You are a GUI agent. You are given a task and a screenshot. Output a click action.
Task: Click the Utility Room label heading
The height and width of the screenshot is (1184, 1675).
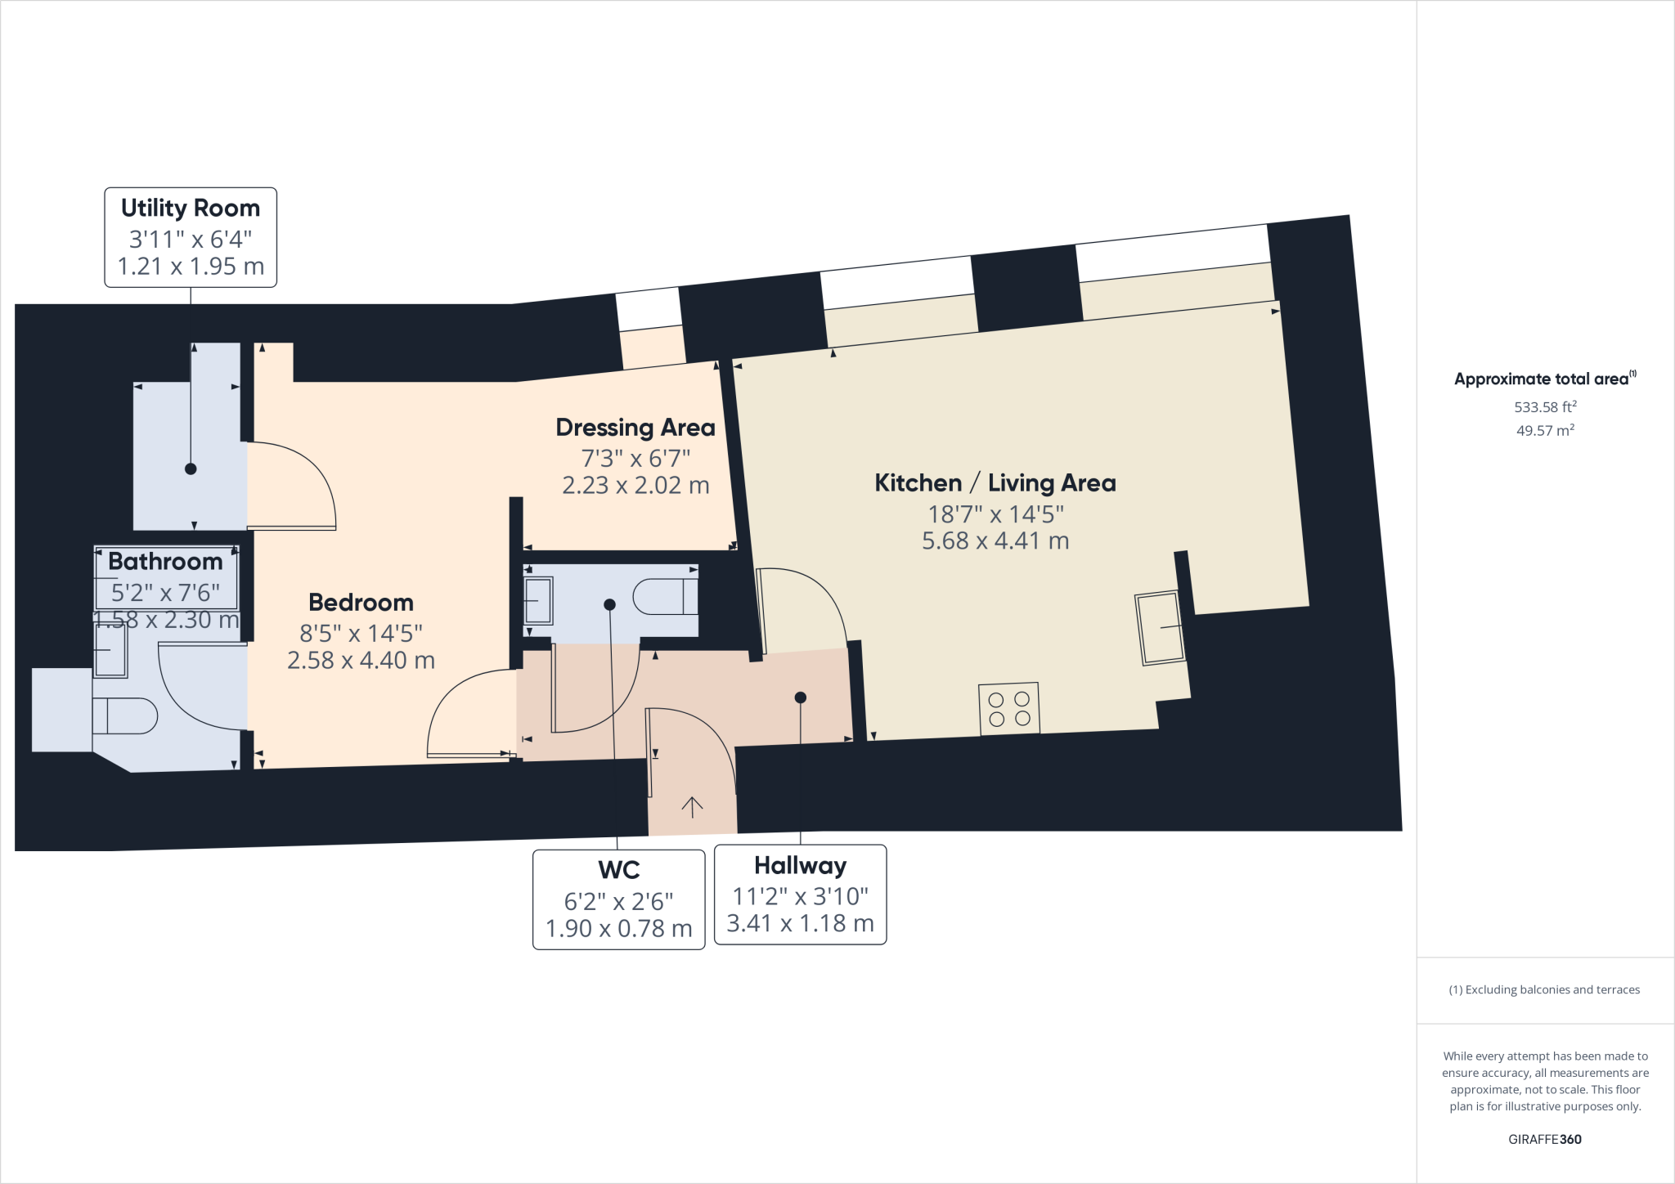tap(191, 209)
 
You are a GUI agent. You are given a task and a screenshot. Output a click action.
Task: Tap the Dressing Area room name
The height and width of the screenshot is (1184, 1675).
tap(635, 428)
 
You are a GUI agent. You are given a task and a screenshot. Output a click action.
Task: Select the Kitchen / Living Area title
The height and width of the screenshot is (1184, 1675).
tap(995, 483)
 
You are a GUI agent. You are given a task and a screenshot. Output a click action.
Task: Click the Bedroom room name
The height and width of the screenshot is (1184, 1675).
tap(361, 603)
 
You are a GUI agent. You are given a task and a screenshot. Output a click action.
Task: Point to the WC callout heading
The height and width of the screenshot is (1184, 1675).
tap(619, 870)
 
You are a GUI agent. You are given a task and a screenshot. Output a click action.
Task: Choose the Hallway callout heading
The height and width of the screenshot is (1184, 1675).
tap(800, 865)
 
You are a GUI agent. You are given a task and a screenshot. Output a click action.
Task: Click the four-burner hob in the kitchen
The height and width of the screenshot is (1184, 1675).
tap(1009, 709)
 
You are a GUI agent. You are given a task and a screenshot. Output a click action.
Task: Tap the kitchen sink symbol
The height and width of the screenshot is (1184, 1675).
tap(1160, 627)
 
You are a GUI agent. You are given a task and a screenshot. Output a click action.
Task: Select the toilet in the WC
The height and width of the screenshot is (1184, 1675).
tap(666, 597)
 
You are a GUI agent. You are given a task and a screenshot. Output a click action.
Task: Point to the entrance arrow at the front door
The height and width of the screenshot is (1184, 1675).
tap(692, 807)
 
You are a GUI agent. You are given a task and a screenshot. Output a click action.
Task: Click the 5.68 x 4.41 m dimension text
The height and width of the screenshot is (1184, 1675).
tap(995, 540)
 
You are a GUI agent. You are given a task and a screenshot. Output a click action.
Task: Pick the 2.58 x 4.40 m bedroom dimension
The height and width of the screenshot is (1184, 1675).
tap(361, 660)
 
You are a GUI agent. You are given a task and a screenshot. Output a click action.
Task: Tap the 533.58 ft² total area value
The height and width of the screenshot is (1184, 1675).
tap(1545, 406)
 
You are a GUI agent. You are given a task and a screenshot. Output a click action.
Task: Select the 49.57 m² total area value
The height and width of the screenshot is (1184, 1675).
tap(1545, 430)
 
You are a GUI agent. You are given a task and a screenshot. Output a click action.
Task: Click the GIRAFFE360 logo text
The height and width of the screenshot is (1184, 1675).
tap(1545, 1139)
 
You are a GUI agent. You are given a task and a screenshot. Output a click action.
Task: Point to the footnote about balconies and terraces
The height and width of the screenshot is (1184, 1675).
tap(1544, 989)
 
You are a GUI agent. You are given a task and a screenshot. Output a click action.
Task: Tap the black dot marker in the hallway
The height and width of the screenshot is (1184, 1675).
tap(801, 697)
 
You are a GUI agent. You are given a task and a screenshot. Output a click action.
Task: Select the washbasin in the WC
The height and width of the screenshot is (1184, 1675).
tap(538, 600)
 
